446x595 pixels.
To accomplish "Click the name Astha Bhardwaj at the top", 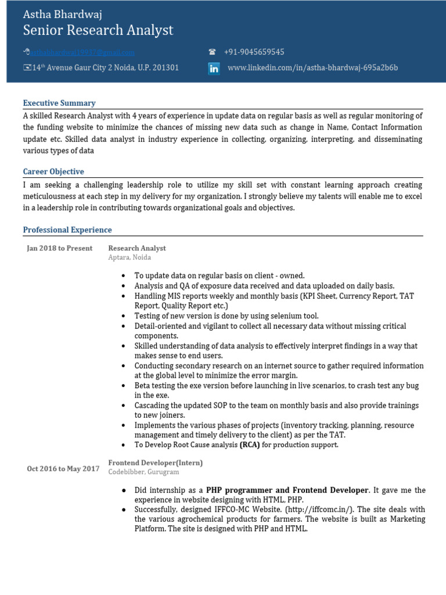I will (62, 15).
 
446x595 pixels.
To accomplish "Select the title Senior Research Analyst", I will (98, 31).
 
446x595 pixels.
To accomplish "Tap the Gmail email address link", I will (82, 52).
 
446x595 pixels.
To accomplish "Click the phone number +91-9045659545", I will (254, 52).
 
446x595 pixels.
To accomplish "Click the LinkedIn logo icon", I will (214, 69).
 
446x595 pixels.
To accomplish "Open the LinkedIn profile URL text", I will (312, 68).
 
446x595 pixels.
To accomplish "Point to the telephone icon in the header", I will (212, 52).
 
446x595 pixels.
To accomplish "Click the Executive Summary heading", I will (59, 103).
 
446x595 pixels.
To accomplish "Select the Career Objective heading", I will (53, 171).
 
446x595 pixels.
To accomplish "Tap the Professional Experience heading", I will (67, 230).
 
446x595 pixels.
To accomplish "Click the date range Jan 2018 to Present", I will (60, 248).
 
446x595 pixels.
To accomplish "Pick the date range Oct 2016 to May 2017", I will (63, 469).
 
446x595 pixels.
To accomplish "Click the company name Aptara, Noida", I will (129, 257).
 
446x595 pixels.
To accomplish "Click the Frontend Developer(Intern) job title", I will (156, 463).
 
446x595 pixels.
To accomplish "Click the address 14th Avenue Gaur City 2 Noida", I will (105, 68).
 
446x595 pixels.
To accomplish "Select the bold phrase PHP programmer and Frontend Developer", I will (287, 490).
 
